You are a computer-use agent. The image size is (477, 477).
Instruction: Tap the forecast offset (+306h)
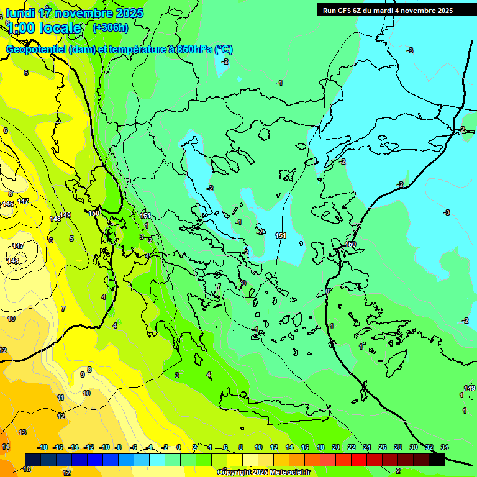110,27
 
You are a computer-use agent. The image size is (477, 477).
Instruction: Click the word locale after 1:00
60,28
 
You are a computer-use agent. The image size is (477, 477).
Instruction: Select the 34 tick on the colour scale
444,447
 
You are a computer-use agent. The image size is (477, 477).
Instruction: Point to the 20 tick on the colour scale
336,447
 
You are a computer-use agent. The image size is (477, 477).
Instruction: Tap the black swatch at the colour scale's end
437,460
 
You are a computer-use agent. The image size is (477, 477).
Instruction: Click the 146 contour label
8,204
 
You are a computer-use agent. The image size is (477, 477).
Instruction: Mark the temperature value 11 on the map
60,397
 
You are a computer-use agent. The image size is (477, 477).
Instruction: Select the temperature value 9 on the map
82,375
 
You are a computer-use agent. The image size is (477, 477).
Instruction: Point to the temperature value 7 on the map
63,309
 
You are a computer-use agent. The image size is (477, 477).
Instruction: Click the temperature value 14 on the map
6,446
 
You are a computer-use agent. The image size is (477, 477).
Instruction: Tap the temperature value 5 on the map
71,238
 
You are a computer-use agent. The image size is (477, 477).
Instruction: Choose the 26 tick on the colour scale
383,447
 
